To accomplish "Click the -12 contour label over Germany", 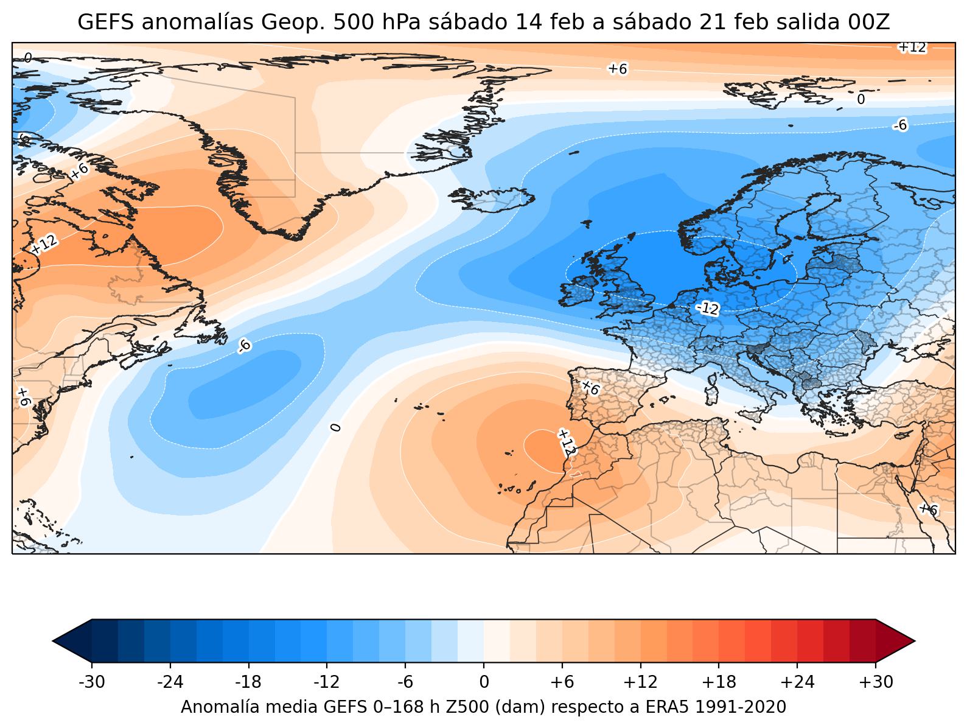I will [707, 309].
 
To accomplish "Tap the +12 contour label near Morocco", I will [566, 443].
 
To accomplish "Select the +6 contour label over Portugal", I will [590, 388].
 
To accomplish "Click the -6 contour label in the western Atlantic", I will [244, 346].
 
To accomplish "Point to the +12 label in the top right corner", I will [912, 47].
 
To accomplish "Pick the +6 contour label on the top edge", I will [617, 69].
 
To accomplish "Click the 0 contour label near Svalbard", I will [861, 100].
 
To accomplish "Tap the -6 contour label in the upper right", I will [900, 125].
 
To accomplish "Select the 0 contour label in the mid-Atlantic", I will [335, 427].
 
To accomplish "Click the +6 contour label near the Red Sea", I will [928, 509].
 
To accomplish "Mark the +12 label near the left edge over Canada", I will [44, 244].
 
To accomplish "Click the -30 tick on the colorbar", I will [92, 682].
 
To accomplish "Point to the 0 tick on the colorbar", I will [484, 682].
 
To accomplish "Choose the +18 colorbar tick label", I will [719, 682].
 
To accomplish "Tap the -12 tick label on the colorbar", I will [327, 682].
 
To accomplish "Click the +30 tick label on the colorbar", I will [876, 682].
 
